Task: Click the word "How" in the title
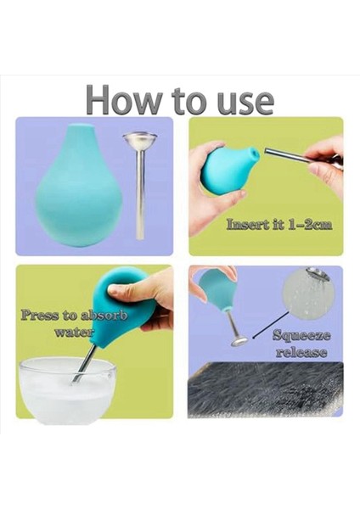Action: [x=124, y=99]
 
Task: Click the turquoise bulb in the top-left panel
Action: [x=79, y=186]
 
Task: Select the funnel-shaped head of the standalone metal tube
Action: [x=140, y=140]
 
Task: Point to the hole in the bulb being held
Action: [x=254, y=151]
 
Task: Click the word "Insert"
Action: [x=248, y=225]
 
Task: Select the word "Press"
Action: [x=40, y=316]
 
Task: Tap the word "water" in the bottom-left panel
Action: [x=75, y=332]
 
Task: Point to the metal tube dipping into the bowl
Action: [x=85, y=364]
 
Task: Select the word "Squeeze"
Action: [x=301, y=336]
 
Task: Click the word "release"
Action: [x=301, y=352]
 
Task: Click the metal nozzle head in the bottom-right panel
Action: [x=239, y=341]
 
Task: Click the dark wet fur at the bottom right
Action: [x=265, y=389]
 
